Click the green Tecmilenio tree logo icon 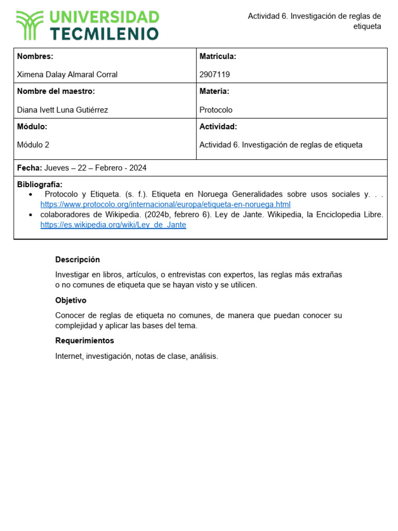pos(30,25)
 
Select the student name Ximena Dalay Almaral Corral pos(67,75)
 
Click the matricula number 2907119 pos(215,75)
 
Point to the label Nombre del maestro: pos(56,91)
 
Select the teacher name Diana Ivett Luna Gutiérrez pos(63,110)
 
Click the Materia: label pos(214,91)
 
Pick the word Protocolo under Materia pos(216,110)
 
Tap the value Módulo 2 pos(33,145)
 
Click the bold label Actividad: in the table pos(218,127)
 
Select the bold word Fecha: pos(29,168)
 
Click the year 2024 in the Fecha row pos(137,168)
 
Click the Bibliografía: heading pos(40,185)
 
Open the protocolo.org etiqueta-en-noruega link pos(165,204)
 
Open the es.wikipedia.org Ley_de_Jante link pos(113,225)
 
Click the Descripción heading pos(78,260)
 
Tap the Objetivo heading pos(71,301)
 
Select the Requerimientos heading pos(84,341)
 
